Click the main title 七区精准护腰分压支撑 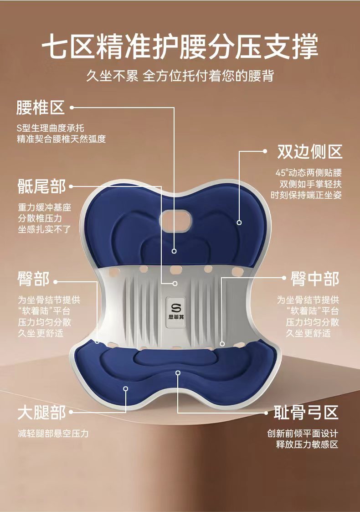pos(180,47)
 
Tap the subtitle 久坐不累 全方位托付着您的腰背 pos(180,76)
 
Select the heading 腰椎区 pos(40,108)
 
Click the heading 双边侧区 pos(310,152)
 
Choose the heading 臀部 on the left pos(33,278)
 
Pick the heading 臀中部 pos(315,279)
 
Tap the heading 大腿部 pos(41,413)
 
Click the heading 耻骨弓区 pos(306,413)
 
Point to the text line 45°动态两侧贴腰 pos(309,173)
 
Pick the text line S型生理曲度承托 pos(50,128)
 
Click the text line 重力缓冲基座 pos(44,207)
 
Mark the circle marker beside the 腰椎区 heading pos(72,108)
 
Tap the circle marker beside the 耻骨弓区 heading pos(267,413)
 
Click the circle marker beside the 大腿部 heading pos(72,413)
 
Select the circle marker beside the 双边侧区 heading pos(265,152)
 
